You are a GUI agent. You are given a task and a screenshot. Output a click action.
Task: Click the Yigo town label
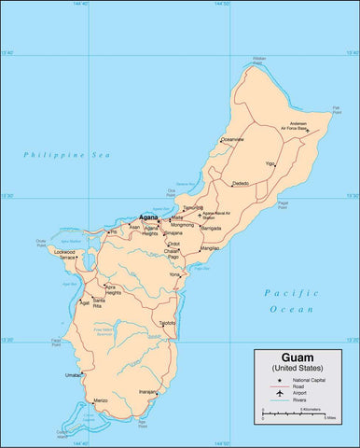coord(270,163)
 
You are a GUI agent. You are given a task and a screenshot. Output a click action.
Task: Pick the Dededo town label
coord(241,183)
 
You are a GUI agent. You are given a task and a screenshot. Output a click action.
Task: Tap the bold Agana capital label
coord(147,217)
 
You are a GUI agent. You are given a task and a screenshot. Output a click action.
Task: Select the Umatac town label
coord(73,375)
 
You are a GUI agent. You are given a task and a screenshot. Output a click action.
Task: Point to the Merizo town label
coord(101,399)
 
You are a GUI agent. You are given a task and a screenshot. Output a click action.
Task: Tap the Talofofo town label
coord(167,323)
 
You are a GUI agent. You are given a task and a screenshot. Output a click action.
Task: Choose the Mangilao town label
coord(210,248)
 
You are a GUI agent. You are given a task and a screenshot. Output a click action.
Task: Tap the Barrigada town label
coord(212,227)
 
